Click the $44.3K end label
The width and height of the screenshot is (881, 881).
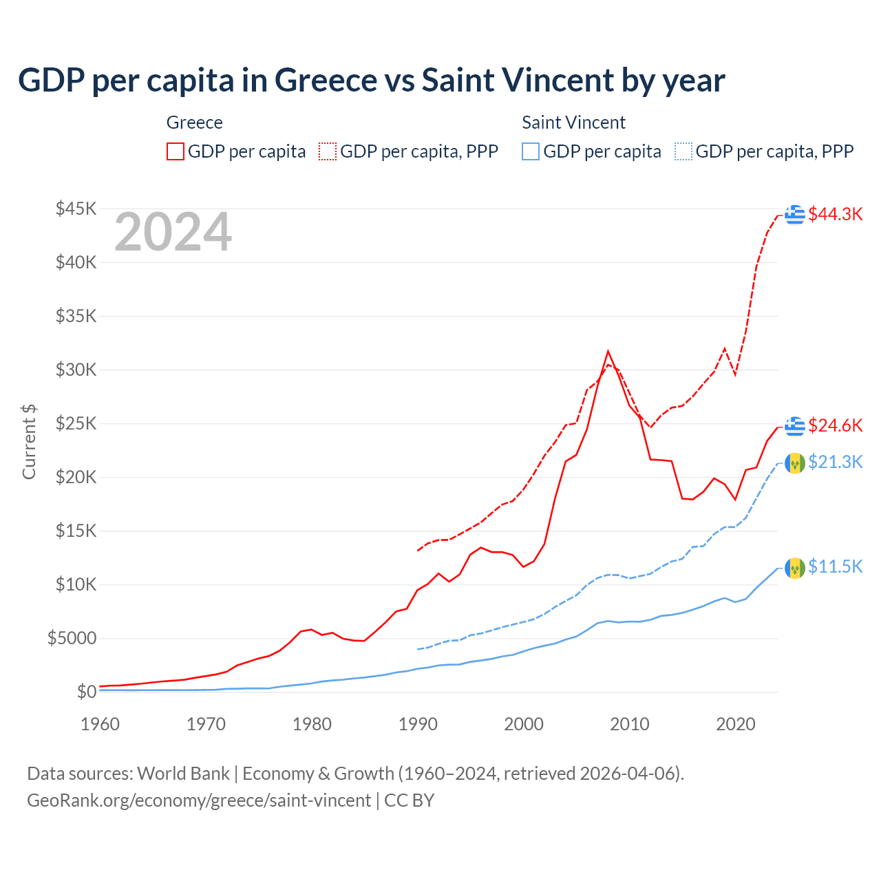click(x=835, y=214)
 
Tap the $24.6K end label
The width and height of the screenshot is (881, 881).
click(x=835, y=425)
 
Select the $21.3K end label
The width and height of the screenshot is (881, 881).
click(x=835, y=462)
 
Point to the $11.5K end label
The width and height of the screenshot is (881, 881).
click(x=835, y=566)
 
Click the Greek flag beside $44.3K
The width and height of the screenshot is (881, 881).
click(x=795, y=215)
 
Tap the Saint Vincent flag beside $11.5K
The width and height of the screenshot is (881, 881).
click(x=795, y=568)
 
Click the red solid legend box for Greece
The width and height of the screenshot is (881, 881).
click(x=176, y=151)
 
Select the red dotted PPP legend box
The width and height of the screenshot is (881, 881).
click(x=328, y=151)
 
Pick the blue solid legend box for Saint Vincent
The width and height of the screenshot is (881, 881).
click(x=531, y=151)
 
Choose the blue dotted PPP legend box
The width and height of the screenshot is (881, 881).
click(x=683, y=151)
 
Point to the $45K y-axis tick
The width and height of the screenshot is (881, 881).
click(x=76, y=209)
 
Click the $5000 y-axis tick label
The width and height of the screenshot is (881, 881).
click(x=72, y=638)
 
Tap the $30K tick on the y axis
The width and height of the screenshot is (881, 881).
click(x=76, y=370)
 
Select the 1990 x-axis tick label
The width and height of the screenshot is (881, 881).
click(x=418, y=724)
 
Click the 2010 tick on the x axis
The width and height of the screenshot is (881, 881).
click(x=630, y=724)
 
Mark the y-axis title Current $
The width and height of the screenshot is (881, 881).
click(x=29, y=442)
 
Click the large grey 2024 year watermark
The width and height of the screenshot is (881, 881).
click(x=173, y=232)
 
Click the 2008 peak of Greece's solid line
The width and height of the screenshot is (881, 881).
click(x=608, y=352)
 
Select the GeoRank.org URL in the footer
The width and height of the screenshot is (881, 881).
click(x=199, y=800)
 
